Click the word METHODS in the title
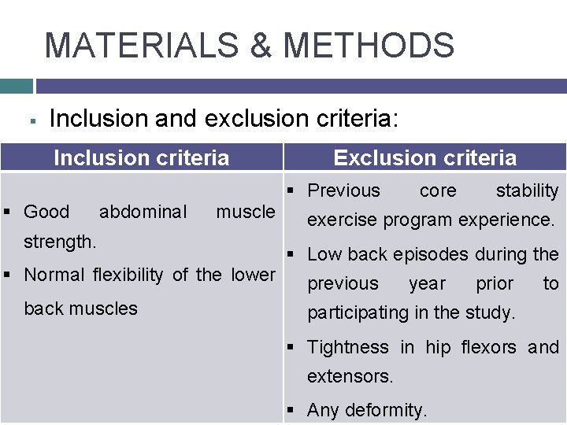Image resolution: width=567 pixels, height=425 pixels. point(369,45)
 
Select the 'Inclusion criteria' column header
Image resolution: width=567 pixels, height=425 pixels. point(142,158)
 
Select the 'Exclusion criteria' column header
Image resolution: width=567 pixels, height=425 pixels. point(425,158)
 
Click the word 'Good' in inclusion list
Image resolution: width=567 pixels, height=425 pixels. point(47,212)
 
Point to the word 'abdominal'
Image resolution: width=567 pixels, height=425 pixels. point(143,212)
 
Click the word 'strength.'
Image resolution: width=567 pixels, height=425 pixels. point(61,241)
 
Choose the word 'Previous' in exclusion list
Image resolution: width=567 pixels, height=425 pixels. point(343,190)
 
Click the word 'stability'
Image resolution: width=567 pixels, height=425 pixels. point(527,190)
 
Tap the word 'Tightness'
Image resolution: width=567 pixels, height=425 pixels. point(348,347)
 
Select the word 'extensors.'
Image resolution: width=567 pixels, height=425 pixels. point(350,376)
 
